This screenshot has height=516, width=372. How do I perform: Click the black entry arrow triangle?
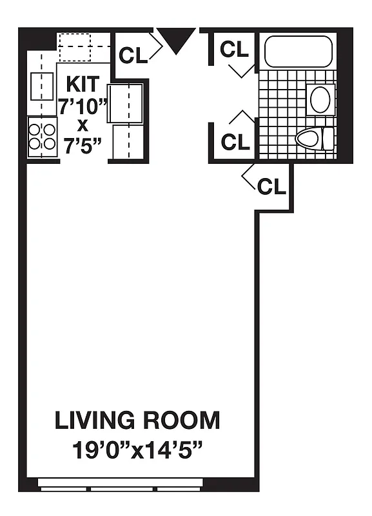[x=177, y=39]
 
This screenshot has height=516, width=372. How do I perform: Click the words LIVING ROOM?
[x=137, y=421]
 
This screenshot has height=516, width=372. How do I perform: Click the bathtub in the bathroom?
[x=297, y=51]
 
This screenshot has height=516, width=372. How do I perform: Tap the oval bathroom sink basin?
[x=320, y=100]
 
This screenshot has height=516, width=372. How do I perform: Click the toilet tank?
[x=328, y=137]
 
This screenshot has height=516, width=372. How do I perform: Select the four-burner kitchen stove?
[x=42, y=136]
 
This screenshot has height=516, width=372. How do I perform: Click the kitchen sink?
[x=42, y=86]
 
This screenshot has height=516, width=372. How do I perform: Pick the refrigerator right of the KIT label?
[x=126, y=103]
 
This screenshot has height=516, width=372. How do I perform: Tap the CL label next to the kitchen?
[x=133, y=55]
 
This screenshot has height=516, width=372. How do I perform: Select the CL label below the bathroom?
[x=271, y=187]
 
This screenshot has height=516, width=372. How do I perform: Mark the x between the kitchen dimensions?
[x=83, y=125]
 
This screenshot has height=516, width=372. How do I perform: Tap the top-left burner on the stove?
[x=35, y=128]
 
